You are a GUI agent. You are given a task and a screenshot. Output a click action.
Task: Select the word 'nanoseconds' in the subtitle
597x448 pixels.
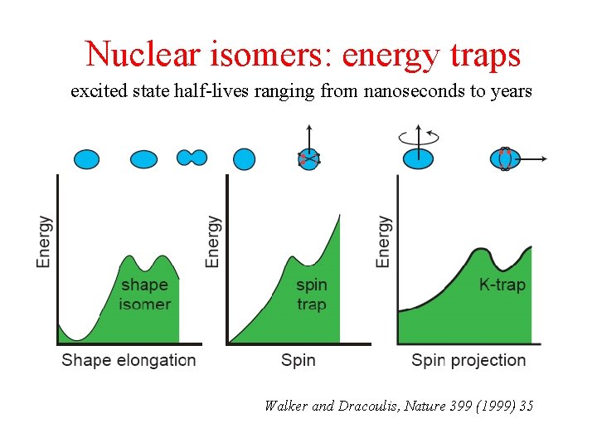415,91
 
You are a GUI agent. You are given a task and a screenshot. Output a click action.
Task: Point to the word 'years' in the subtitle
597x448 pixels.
511,91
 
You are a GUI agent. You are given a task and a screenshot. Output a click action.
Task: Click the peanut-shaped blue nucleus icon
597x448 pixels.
192,158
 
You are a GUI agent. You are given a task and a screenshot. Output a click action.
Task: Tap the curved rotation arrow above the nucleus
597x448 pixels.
418,137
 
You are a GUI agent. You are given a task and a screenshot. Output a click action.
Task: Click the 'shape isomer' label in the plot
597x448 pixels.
144,295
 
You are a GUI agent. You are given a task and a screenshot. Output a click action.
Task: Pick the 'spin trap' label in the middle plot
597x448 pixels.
311,295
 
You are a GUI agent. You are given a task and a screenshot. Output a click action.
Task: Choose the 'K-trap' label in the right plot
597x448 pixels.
502,285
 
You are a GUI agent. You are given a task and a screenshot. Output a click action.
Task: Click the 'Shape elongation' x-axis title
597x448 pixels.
129,360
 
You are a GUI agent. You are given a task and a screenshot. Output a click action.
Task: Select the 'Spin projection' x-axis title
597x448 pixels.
468,360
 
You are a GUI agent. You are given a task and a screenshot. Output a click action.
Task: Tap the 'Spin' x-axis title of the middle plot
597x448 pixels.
298,360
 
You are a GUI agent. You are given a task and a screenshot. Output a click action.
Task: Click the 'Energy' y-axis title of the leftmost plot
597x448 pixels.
44,241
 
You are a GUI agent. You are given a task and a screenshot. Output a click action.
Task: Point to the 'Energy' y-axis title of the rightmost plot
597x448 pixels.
383,241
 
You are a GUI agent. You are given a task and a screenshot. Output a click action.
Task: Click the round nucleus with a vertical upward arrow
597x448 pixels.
308,158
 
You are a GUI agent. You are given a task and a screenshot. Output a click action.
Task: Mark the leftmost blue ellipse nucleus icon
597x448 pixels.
86,158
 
